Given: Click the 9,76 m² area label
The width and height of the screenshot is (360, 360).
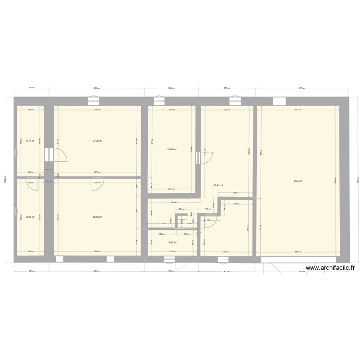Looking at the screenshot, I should (30, 141).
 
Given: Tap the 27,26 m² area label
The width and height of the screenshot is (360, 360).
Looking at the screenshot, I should (97, 141).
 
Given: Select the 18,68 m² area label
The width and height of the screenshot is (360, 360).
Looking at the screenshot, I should (171, 149).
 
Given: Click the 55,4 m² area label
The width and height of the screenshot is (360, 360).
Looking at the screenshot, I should (298, 181).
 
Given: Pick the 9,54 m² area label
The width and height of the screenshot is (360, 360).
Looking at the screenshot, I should (30, 217).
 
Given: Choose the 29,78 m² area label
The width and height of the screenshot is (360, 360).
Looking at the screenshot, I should (97, 217).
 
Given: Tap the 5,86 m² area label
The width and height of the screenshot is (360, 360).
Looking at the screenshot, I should (172, 242).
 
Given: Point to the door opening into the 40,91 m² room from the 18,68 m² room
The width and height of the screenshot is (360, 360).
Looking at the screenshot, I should (203, 156).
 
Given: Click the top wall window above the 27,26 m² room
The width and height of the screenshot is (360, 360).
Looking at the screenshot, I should (95, 101).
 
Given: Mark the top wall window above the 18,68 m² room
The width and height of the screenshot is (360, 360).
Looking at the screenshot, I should (159, 101).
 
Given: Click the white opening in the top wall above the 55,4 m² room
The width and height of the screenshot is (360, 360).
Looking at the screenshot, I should (278, 101).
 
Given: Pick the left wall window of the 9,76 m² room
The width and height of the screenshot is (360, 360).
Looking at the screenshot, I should (15, 153).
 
